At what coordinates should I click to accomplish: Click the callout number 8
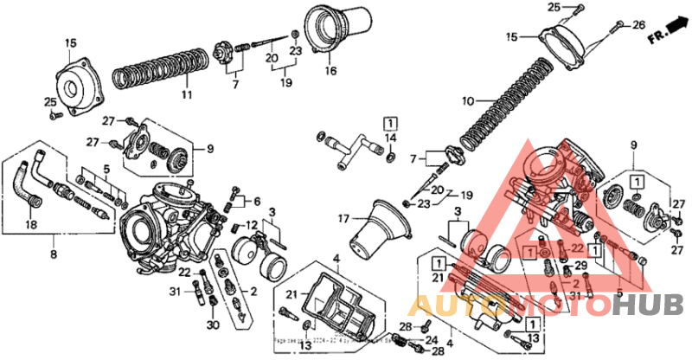pyautogui.click(x=54, y=255)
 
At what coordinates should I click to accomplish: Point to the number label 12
pyautogui.click(x=252, y=225)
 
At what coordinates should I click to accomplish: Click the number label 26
pyautogui.click(x=639, y=24)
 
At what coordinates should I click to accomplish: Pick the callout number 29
pyautogui.click(x=581, y=265)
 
